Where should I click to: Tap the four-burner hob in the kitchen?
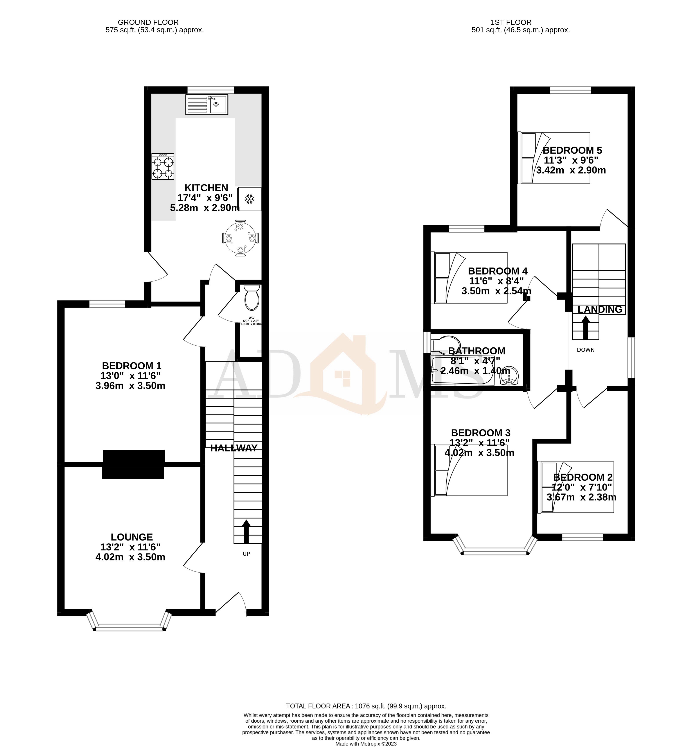[x=163, y=167]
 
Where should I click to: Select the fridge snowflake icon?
[x=249, y=199]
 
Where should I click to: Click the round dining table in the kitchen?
[x=240, y=238]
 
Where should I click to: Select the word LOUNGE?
[x=132, y=537]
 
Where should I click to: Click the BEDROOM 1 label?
[x=132, y=365]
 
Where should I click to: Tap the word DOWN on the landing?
[x=586, y=350]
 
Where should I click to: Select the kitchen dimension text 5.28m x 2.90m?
[x=205, y=208]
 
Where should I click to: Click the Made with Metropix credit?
[x=366, y=744]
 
